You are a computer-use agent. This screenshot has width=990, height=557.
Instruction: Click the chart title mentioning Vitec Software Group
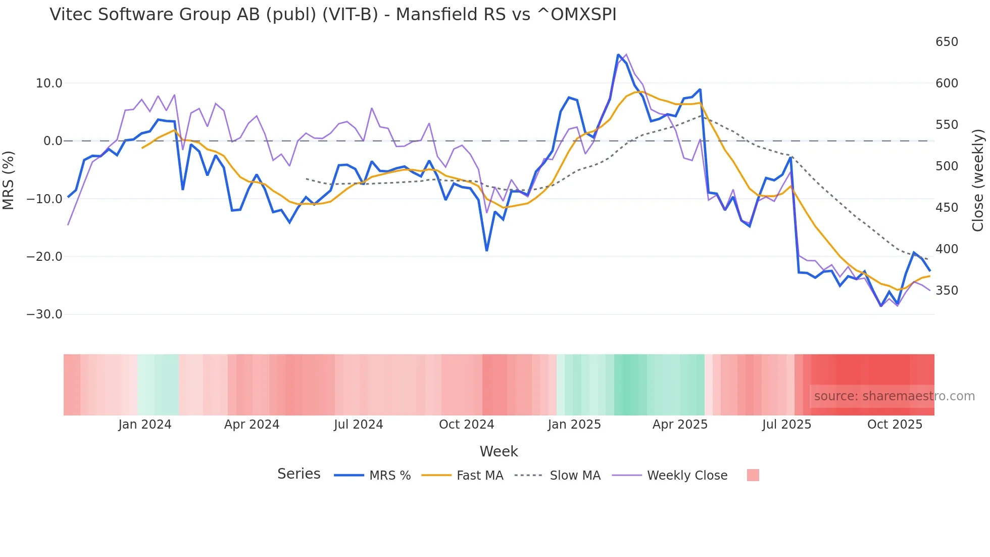tap(333, 15)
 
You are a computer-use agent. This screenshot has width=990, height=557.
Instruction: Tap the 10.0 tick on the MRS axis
tap(48, 83)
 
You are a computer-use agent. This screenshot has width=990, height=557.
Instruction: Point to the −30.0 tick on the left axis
tap(44, 314)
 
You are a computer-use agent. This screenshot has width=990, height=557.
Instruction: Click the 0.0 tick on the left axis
tap(53, 141)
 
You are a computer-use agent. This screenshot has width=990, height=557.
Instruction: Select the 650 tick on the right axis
tap(947, 42)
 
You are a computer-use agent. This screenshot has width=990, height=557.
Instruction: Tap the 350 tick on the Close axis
tap(947, 291)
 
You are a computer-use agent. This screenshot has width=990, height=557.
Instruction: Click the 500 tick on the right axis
tap(947, 166)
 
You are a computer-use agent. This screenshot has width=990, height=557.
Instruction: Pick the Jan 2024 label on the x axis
tap(145, 425)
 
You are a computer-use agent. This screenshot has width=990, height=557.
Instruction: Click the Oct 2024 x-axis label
tap(466, 425)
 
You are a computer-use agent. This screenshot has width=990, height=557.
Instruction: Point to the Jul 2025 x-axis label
tap(786, 425)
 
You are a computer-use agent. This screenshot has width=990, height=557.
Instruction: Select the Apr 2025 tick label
tap(680, 425)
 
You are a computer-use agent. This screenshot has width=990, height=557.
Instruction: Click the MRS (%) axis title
tap(9, 180)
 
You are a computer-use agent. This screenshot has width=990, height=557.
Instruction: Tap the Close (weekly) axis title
tap(978, 180)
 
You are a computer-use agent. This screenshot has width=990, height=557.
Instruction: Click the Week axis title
tap(499, 451)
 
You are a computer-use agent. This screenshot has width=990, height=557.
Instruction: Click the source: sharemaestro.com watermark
tap(894, 396)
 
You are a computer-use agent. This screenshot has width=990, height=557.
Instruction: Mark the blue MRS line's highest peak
tap(618, 55)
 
